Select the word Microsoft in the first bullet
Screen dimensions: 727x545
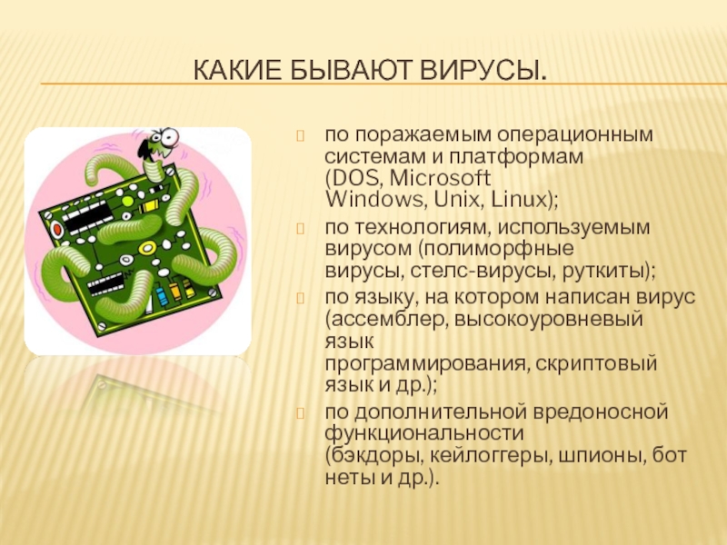pos(440,178)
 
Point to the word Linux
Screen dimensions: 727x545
pos(519,200)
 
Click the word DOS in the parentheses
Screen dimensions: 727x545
pos(355,178)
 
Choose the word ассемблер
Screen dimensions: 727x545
pos(389,320)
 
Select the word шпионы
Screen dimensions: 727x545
pos(601,456)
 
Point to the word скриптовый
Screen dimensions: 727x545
pos(596,363)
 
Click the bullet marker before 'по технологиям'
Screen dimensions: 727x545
pos(300,229)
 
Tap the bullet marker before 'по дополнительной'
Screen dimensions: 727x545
pos(300,413)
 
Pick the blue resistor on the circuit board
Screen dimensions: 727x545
pos(162,296)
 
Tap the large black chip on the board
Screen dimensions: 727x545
pos(87,217)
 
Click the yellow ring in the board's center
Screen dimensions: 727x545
pos(146,248)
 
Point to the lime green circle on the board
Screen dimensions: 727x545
pos(127,201)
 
